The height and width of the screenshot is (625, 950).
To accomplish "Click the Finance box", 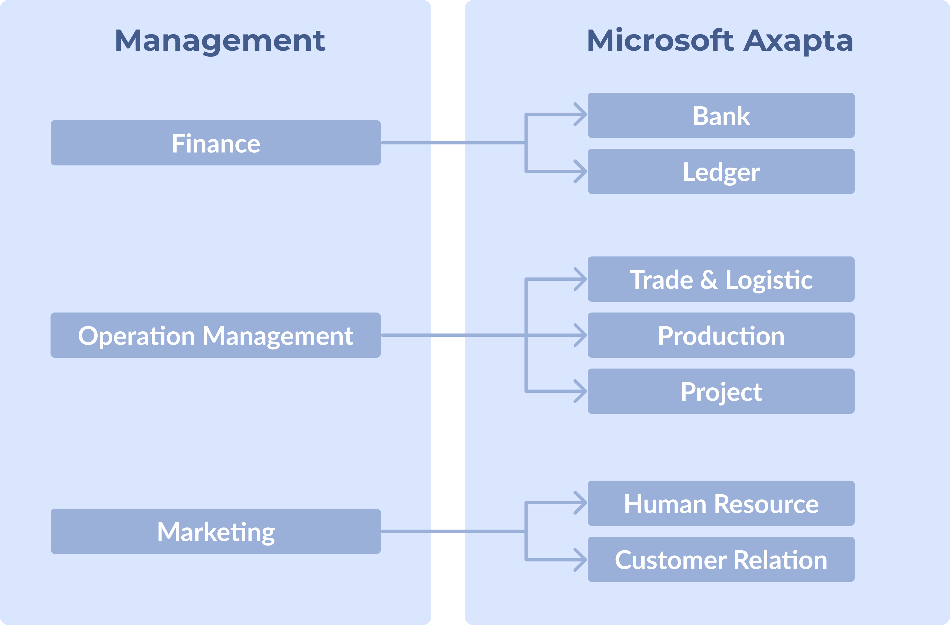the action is point(216,143).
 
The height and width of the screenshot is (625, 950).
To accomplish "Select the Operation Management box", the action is point(216,335).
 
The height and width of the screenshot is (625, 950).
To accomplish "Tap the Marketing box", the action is point(216,531).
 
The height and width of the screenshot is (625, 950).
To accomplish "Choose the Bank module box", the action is point(721,115).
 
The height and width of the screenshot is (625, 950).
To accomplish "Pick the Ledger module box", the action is point(721,172).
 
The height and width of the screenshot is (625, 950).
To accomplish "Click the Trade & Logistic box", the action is point(721,279).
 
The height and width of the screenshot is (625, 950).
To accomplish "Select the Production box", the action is point(721,335).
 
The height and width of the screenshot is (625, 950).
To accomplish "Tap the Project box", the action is point(721,391).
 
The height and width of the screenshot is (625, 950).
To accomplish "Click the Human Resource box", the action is point(721,503).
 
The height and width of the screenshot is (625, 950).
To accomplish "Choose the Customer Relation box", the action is point(721,559).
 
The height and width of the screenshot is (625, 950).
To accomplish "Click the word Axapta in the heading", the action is point(798,41).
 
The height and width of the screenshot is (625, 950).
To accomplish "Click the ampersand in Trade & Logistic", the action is point(709,280).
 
